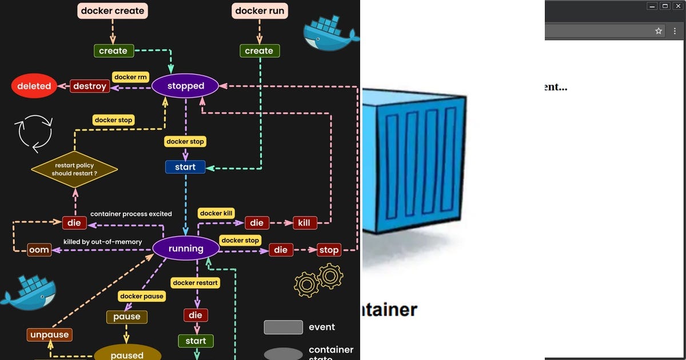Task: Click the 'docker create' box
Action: coord(113,11)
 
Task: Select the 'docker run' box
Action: coord(259,11)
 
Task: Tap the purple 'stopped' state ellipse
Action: coord(185,86)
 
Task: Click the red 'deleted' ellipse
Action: coord(34,86)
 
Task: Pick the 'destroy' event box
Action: coord(90,86)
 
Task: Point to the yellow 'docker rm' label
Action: coord(130,77)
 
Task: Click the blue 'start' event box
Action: coord(185,167)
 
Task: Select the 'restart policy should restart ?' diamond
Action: coord(74,169)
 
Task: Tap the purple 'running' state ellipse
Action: coord(185,249)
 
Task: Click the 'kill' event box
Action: coord(304,222)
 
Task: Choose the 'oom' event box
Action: coord(39,250)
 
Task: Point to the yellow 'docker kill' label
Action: coord(217,213)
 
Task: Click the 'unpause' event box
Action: coord(49,335)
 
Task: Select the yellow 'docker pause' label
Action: coord(142,296)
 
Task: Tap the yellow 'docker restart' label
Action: coord(196,283)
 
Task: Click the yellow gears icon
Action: coord(318,279)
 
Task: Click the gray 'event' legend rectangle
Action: coord(283,327)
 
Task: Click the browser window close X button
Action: coord(678,6)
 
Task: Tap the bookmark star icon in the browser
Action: coord(659,31)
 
